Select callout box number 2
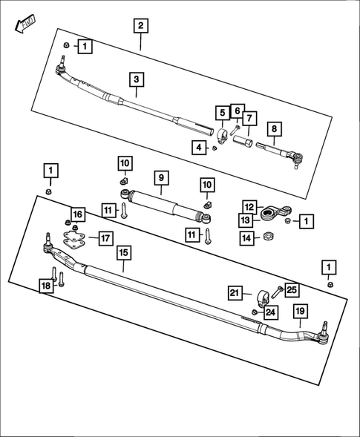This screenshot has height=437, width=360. pos(140,26)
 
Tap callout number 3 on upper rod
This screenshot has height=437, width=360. pos(136,79)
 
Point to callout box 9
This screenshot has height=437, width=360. pos(160,177)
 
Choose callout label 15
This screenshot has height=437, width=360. pos(123,253)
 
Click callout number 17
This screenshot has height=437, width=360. pos(105,238)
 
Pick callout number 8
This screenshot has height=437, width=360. pos(274,129)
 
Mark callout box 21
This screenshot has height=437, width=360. pos(236,294)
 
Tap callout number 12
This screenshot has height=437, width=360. pos(249,206)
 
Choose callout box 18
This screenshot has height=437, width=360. pos(46,286)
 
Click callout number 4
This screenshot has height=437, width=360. pos(198,148)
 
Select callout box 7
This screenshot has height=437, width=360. pos(248,118)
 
